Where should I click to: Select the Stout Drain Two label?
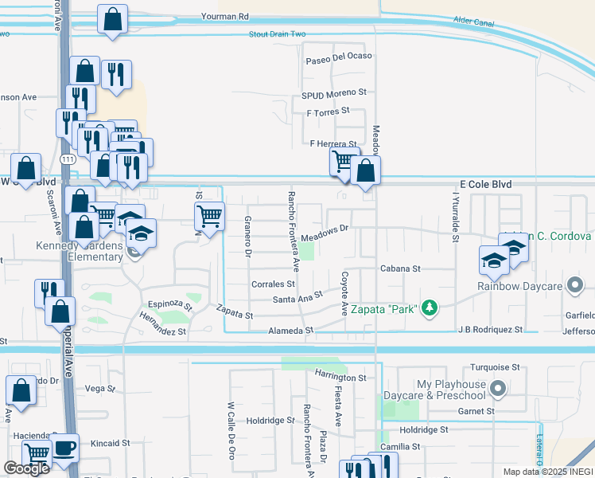click(277, 34)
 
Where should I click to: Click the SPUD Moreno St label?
click(333, 92)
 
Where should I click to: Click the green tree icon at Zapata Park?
click(430, 308)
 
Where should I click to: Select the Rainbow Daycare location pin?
click(576, 285)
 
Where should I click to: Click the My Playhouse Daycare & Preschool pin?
click(498, 390)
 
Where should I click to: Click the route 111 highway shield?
click(71, 161)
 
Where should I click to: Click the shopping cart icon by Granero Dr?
click(208, 215)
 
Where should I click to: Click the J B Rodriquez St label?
click(490, 329)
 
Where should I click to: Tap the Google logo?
click(26, 468)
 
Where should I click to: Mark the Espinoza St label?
click(170, 304)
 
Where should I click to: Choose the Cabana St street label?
click(399, 269)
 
